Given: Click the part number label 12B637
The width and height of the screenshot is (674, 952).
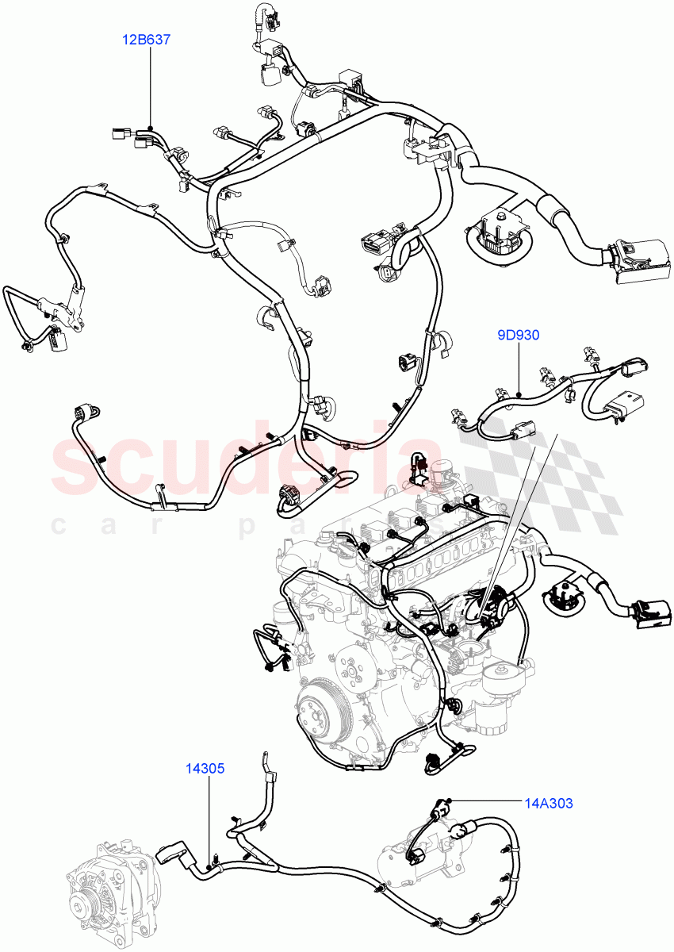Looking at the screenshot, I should point(147,38).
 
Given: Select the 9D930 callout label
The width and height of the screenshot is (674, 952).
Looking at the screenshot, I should point(518,335).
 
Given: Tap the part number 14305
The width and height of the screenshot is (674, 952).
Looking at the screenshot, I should point(206,768).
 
